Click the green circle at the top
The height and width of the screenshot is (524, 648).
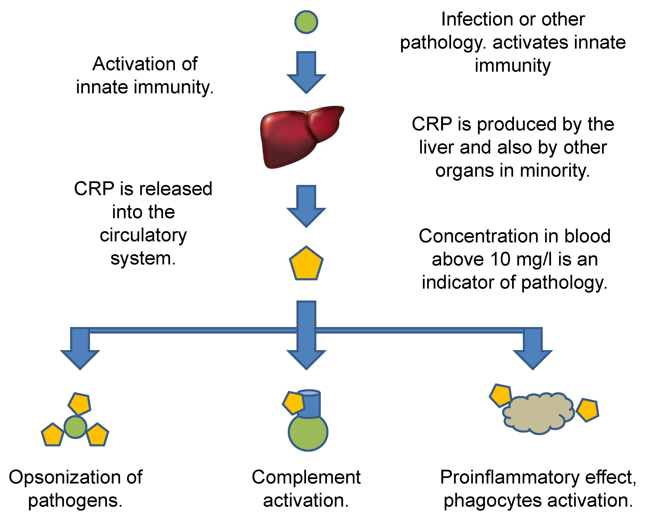306,22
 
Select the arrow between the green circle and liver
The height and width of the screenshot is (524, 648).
306,73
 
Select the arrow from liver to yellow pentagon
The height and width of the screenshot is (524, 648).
306,206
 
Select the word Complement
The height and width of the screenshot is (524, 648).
306,477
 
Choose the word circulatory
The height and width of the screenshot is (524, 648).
143,235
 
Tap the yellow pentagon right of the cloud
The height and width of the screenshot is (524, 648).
587,410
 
